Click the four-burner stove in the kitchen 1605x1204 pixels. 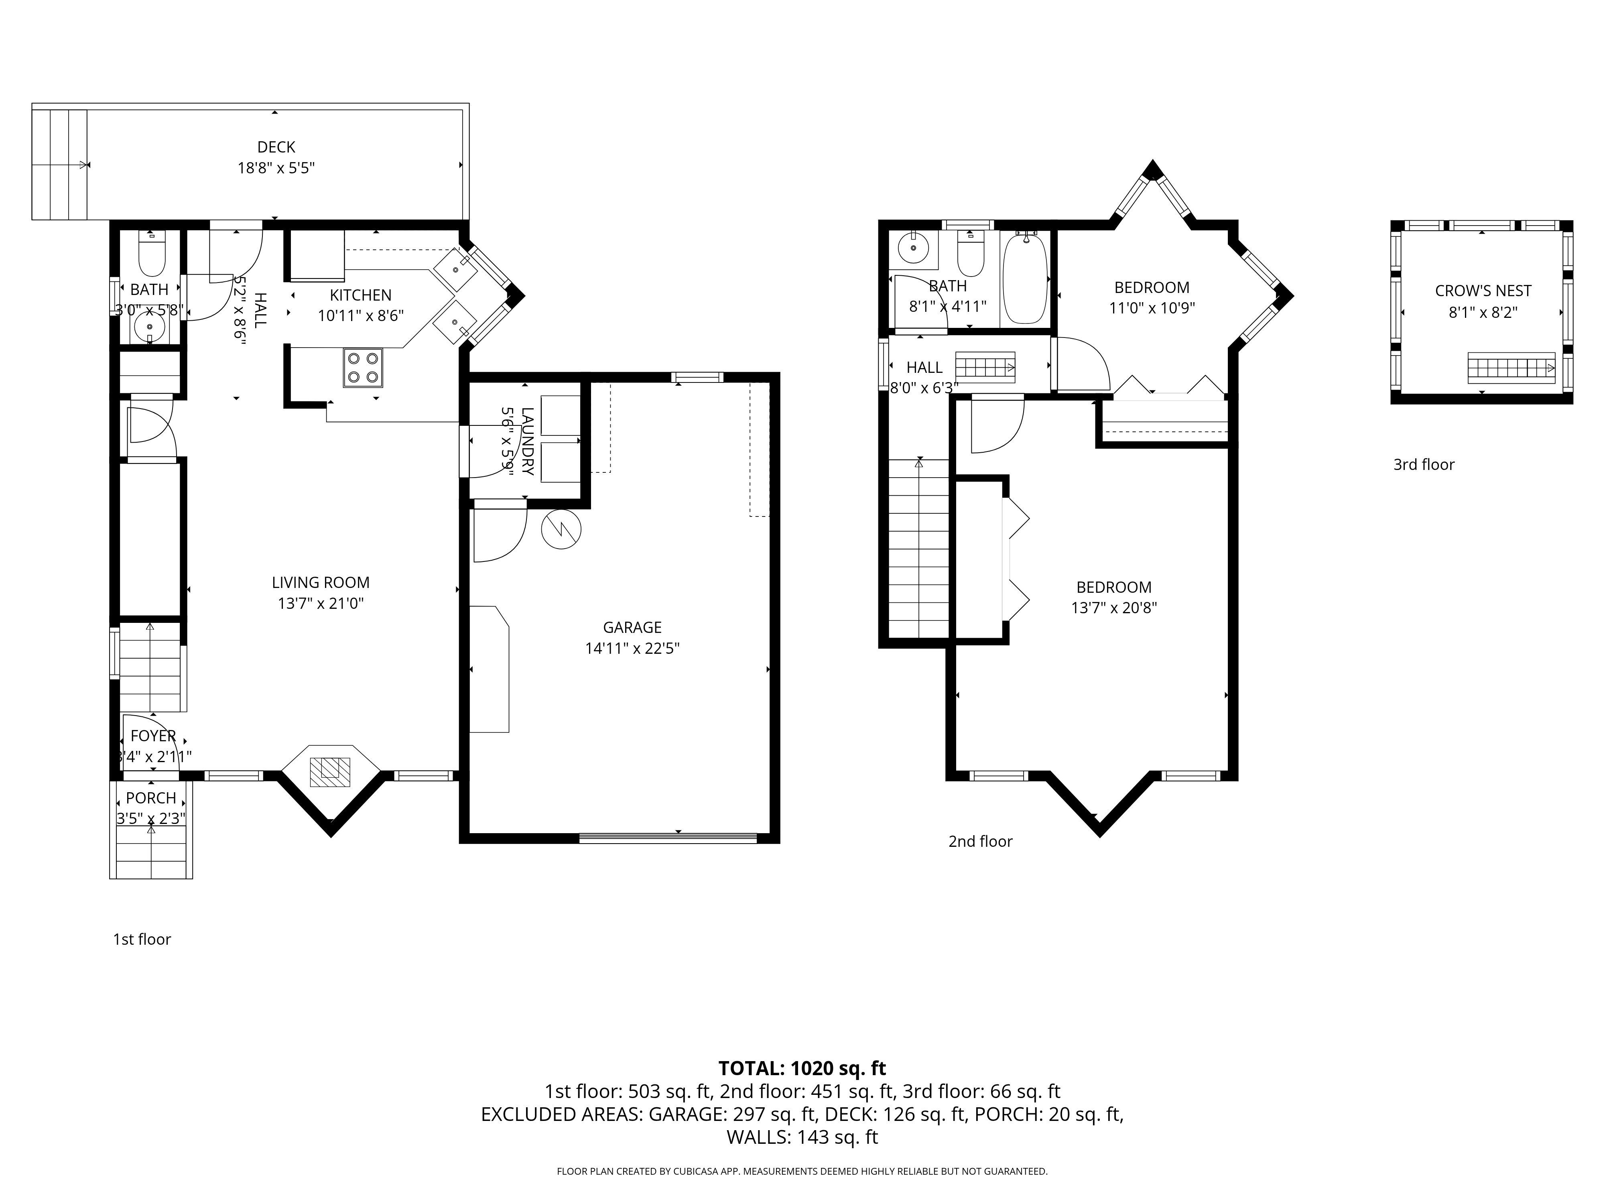[x=363, y=368]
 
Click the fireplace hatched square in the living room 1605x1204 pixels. [x=330, y=772]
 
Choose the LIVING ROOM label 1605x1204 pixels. [x=321, y=582]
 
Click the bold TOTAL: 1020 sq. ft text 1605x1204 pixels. [x=802, y=1068]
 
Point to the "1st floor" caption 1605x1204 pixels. [x=142, y=939]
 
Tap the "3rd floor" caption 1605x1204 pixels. [x=1424, y=464]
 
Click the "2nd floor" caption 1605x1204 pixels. [x=980, y=841]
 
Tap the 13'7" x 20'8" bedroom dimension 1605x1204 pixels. [x=1114, y=608]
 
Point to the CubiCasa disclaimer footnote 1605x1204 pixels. [x=802, y=1171]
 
